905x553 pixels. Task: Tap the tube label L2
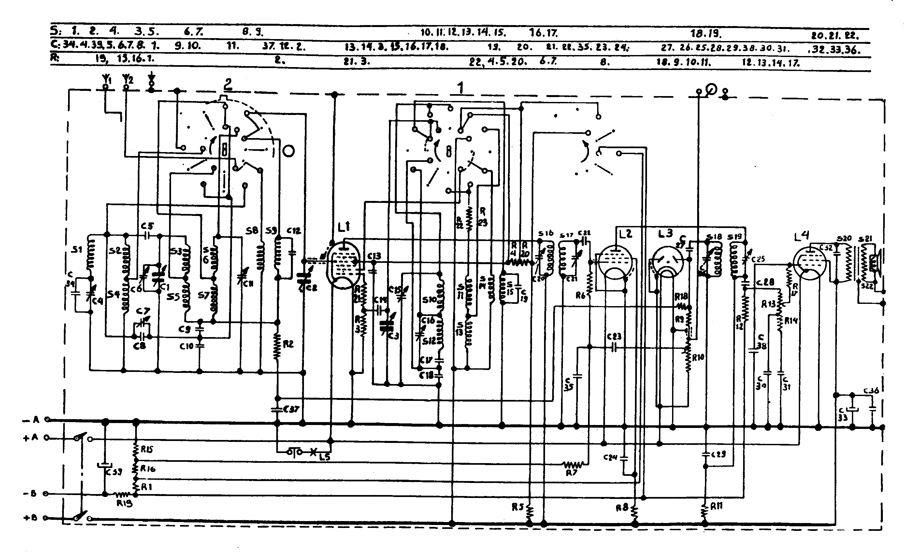(625, 234)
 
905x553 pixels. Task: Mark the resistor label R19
(124, 503)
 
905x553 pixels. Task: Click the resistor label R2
(288, 344)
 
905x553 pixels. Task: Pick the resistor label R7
(571, 473)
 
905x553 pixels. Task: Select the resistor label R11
(716, 506)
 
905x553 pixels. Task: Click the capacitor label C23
(614, 336)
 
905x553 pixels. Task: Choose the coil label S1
(77, 250)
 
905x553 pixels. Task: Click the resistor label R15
(146, 449)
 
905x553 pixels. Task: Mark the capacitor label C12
(294, 231)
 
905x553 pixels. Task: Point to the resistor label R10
(698, 357)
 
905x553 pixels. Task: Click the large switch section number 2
(228, 84)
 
